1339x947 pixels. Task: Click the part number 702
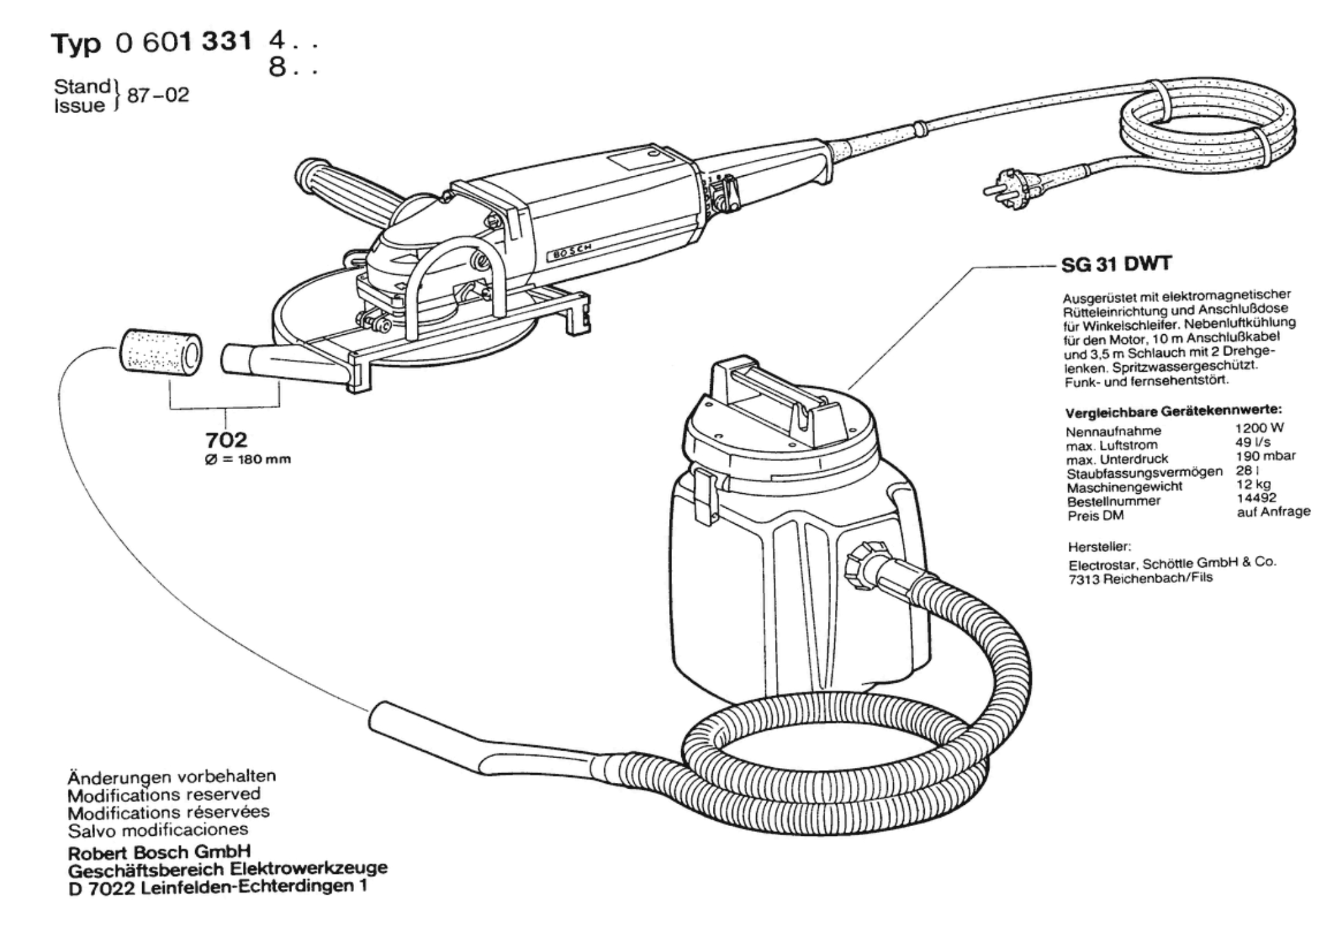point(226,440)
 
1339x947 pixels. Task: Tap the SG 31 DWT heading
point(1117,264)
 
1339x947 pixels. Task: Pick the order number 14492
point(1257,498)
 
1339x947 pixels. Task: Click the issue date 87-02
point(158,96)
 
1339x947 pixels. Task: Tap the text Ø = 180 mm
point(248,460)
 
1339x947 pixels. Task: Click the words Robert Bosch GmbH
point(160,852)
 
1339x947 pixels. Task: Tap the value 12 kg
point(1253,484)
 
